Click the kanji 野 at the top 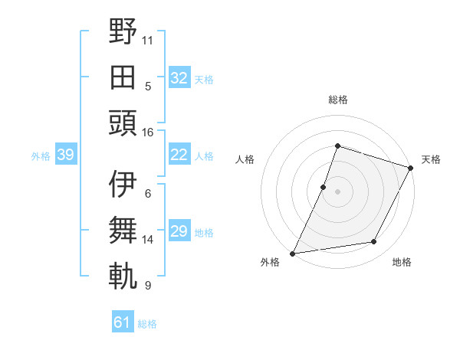pyautogui.click(x=123, y=32)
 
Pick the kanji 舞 pyautogui.click(x=123, y=230)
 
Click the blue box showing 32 pyautogui.click(x=179, y=78)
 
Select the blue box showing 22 pyautogui.click(x=179, y=155)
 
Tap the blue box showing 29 pyautogui.click(x=179, y=231)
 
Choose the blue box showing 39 pyautogui.click(x=65, y=155)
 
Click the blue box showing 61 pyautogui.click(x=123, y=322)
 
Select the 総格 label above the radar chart pyautogui.click(x=337, y=100)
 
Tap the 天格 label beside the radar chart pyautogui.click(x=432, y=159)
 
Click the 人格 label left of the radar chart pyautogui.click(x=245, y=159)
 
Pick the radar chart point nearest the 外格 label pyautogui.click(x=292, y=254)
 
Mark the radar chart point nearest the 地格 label pyautogui.click(x=374, y=242)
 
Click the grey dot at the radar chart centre pyautogui.click(x=337, y=191)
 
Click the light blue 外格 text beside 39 pyautogui.click(x=41, y=156)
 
